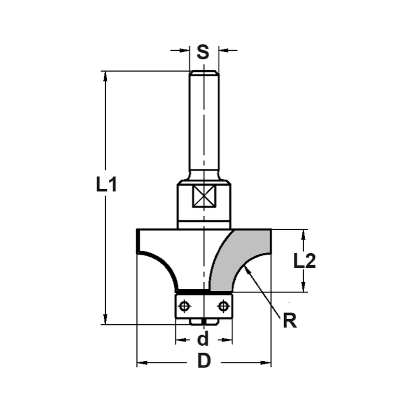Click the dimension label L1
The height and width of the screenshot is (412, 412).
tap(107, 185)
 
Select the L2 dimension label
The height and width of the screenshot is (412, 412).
tap(304, 261)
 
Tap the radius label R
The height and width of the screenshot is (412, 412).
tap(290, 321)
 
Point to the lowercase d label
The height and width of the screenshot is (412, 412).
tap(203, 340)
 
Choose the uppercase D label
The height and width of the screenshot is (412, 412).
tap(204, 362)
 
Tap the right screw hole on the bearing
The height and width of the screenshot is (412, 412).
tap(223, 306)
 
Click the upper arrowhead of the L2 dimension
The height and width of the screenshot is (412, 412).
tap(304, 234)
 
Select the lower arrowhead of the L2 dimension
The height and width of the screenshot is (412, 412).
tap(304, 288)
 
